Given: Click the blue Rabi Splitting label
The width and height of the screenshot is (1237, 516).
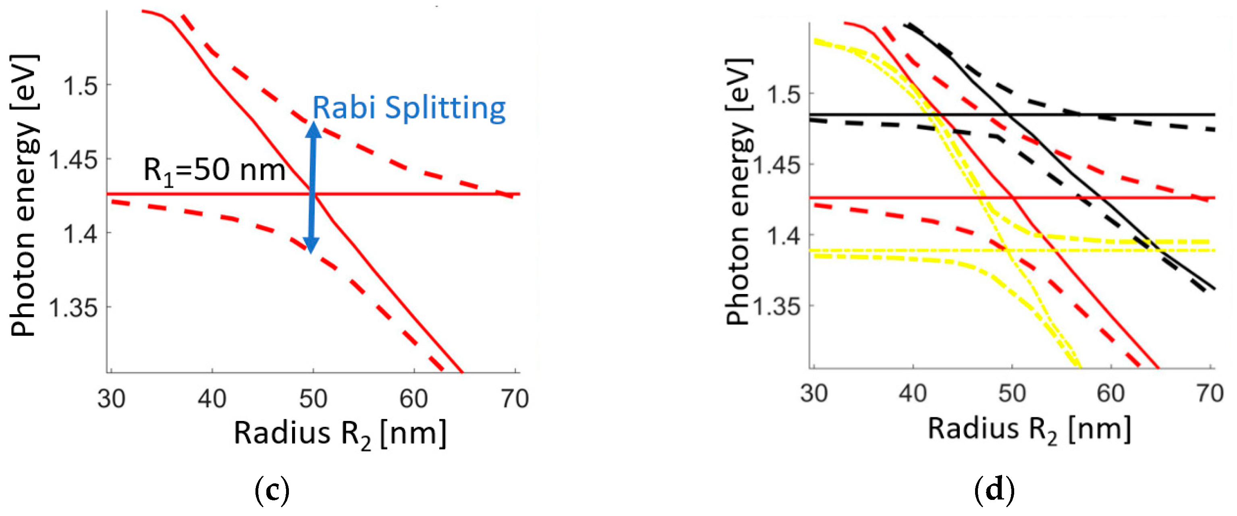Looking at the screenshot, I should coord(409,108).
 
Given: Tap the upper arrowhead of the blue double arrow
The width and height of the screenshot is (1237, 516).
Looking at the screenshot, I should coord(313,131).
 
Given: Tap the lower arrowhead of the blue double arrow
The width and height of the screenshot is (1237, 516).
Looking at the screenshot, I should coord(311,245).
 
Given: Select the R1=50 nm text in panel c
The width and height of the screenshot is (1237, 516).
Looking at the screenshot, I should coord(214,170).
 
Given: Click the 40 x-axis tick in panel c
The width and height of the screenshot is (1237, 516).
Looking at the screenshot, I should coord(212,398).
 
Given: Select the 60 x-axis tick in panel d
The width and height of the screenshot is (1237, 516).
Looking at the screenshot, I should coord(1111,394).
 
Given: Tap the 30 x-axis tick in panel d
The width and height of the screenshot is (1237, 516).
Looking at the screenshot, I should coord(814,394).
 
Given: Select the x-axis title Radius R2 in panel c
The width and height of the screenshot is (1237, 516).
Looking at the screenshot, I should coord(340,433).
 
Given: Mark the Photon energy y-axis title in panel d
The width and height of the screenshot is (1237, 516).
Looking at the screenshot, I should coord(738,192).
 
